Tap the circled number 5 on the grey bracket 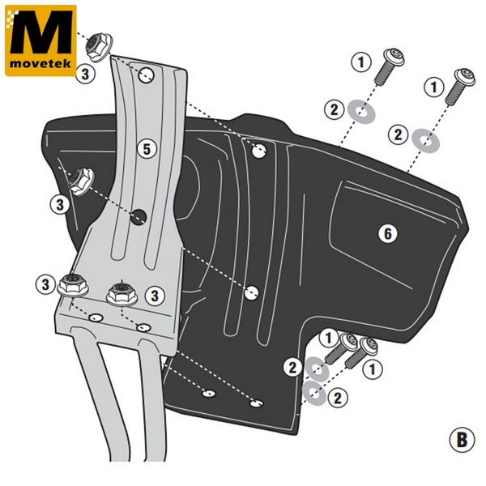(x=146, y=148)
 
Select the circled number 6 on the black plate (x=388, y=234)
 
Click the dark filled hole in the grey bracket (x=139, y=215)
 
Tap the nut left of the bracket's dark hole (x=83, y=181)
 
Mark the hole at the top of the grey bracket (x=147, y=75)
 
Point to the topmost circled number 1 (x=360, y=61)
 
